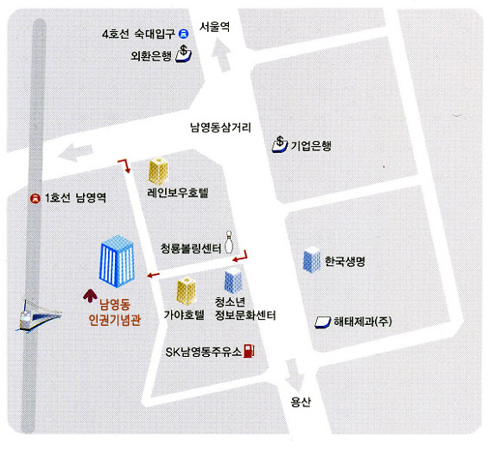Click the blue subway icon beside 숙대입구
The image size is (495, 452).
coord(183,34)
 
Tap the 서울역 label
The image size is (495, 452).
coord(214,27)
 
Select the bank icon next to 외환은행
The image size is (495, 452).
coord(183,53)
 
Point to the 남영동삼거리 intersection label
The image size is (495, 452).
coord(220,128)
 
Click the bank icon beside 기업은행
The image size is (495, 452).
coord(280,144)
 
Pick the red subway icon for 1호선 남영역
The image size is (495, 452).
coord(35,198)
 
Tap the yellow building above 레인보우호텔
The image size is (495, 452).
coord(158,170)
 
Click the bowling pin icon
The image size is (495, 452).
coord(229,243)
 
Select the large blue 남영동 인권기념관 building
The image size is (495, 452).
coord(117,261)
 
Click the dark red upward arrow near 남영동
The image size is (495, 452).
coord(91,296)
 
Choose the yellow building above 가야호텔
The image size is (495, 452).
coord(186,290)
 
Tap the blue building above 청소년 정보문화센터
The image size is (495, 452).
coord(233,280)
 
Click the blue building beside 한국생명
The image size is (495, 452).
coord(312,259)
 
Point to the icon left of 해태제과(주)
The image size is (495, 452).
coord(322,322)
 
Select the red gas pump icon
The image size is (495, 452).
coord(249,351)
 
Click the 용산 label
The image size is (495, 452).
coord(301,402)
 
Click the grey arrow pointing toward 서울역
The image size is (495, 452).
coord(222,55)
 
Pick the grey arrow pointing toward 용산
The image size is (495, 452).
coord(295,375)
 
